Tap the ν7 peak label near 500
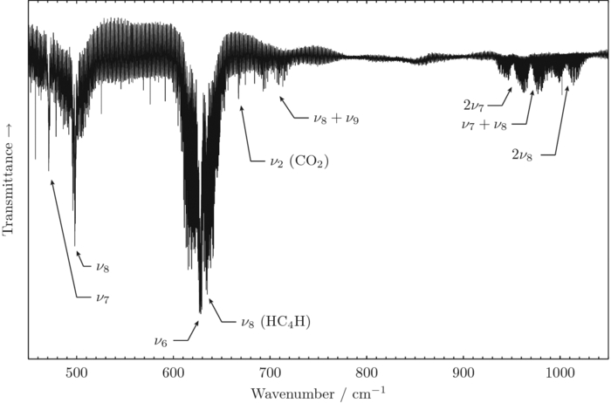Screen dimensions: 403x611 [104, 297]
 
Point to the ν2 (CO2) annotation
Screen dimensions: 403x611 [299, 162]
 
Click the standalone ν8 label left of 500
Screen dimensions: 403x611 [102, 265]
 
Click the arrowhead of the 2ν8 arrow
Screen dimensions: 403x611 [567, 85]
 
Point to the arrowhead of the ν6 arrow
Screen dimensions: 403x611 [198, 320]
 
